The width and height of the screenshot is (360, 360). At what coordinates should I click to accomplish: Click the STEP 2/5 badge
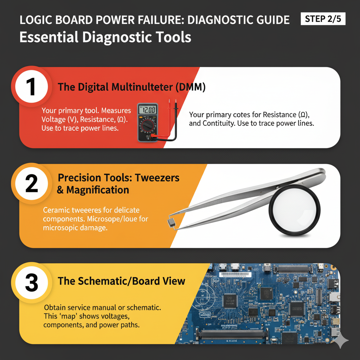(x=323, y=19)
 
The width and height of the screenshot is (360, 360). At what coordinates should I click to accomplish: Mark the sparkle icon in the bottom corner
(x=341, y=341)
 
